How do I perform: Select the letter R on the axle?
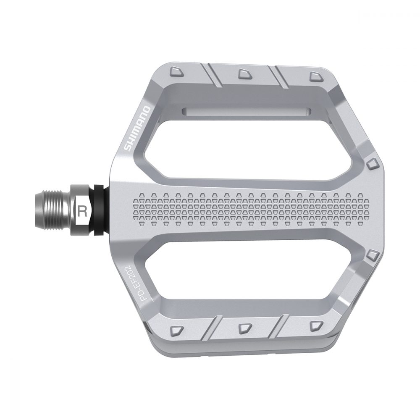pos(83,210)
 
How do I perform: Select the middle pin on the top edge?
pos(244,74)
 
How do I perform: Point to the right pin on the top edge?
pos(315,76)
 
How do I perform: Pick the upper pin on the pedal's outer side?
pos(371,164)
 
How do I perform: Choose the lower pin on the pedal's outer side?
pos(371,256)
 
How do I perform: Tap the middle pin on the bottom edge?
pos(243,327)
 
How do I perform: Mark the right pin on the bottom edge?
pos(315,326)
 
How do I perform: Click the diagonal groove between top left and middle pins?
pos(214,76)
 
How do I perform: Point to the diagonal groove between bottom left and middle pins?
pos(214,325)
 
